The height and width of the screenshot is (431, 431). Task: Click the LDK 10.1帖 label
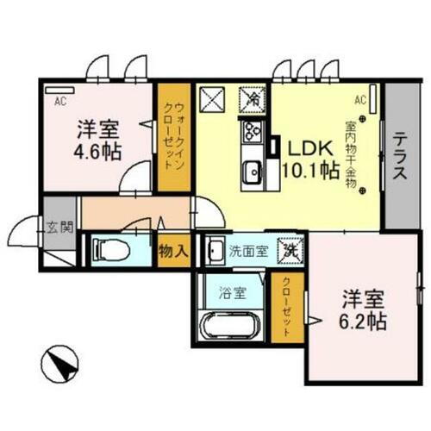coord(307,158)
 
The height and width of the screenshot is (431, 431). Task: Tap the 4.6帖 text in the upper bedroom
coord(96,148)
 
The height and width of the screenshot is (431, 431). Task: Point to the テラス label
coord(401,156)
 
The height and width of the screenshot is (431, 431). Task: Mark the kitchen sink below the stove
coord(253,170)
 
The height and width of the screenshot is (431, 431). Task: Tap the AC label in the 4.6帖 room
coord(60,101)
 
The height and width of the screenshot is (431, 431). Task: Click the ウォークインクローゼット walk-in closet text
coord(173,135)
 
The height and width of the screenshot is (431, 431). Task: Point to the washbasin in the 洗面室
coord(214,251)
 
